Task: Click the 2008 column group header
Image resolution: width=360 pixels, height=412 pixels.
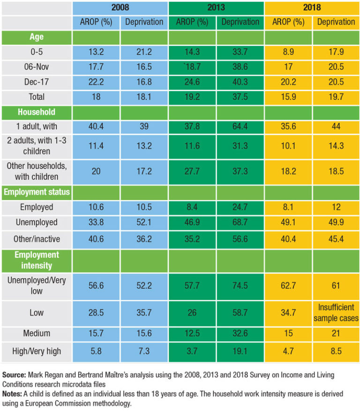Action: point(120,8)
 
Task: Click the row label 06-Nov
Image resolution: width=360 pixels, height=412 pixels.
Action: point(36,67)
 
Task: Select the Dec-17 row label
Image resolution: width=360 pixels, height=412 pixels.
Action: point(36,82)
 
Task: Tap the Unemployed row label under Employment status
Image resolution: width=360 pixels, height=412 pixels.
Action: point(36,222)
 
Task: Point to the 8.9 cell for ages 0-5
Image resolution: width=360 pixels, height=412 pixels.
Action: point(288,52)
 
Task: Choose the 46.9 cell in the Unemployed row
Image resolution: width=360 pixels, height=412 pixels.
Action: point(192,222)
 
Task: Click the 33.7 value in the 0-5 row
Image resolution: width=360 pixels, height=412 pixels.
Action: point(240,52)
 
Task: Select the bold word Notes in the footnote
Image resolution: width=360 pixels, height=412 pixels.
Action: point(13,394)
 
